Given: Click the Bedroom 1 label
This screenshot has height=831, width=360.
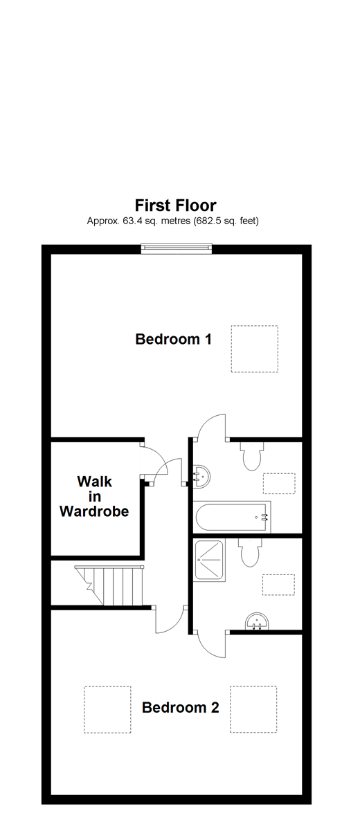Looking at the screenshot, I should click(x=173, y=340).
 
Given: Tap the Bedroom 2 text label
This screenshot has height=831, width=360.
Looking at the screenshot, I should click(x=180, y=708).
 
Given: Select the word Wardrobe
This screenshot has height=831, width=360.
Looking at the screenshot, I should click(x=94, y=512).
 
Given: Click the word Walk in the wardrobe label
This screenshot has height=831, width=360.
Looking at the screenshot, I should click(x=94, y=481).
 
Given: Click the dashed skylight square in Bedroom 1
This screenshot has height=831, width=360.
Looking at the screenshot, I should click(x=254, y=349).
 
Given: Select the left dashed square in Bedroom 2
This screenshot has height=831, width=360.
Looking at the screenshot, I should click(x=107, y=709).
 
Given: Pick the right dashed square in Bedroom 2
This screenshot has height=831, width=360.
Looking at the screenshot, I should click(x=253, y=709).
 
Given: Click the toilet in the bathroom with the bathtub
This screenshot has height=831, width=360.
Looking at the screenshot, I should click(x=251, y=455).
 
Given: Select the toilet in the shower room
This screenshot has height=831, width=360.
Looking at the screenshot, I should click(x=249, y=553).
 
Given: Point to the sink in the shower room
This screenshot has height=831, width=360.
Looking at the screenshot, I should click(x=257, y=621).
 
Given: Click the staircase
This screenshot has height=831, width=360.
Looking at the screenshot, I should click(x=111, y=585).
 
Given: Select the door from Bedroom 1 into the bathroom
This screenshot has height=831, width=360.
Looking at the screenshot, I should click(x=210, y=426).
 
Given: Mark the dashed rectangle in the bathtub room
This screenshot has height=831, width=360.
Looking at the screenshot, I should click(x=279, y=484).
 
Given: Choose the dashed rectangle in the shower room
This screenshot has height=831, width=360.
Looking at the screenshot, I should click(x=278, y=585).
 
